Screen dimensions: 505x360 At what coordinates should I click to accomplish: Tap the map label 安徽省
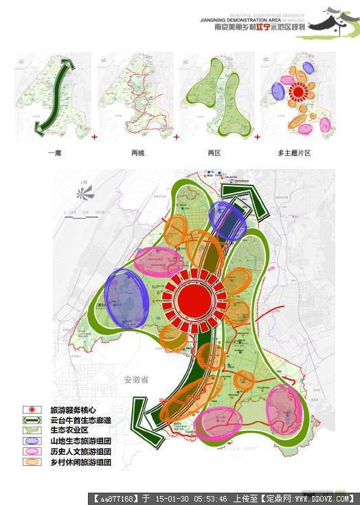click(x=137, y=379)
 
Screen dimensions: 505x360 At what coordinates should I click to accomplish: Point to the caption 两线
click(x=137, y=153)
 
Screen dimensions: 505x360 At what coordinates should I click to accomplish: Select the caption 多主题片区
click(x=293, y=153)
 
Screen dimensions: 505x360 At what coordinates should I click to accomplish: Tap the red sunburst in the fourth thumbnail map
click(x=298, y=91)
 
